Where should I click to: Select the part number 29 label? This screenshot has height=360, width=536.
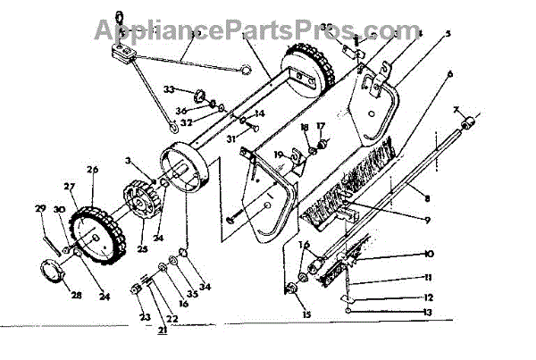(x=39, y=208)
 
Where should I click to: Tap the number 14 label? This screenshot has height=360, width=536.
(x=260, y=114)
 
